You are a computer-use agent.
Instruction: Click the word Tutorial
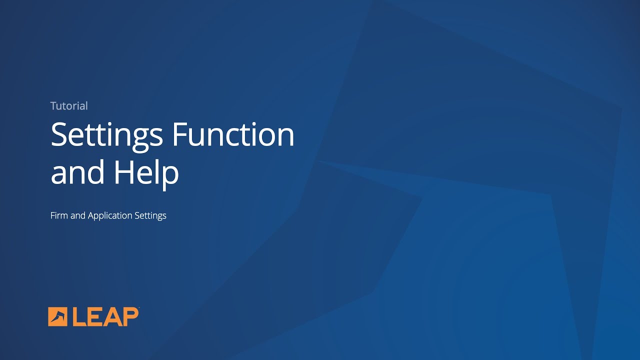coord(69,106)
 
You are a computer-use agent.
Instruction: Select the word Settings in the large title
coord(107,135)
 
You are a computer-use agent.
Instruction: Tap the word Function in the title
coord(233,134)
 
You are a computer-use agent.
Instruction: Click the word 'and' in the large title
coord(76,172)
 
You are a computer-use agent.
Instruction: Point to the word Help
coord(146,172)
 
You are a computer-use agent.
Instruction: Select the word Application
coord(110,216)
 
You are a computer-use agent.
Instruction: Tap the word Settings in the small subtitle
coord(150,216)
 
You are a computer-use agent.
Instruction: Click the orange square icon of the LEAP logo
coord(57,316)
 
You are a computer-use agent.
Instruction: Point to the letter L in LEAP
coord(79,317)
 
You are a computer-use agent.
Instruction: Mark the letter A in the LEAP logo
coord(113,317)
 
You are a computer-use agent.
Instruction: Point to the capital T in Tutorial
coord(53,106)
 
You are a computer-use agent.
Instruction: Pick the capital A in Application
coord(91,215)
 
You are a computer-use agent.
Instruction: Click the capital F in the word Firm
coord(53,215)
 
